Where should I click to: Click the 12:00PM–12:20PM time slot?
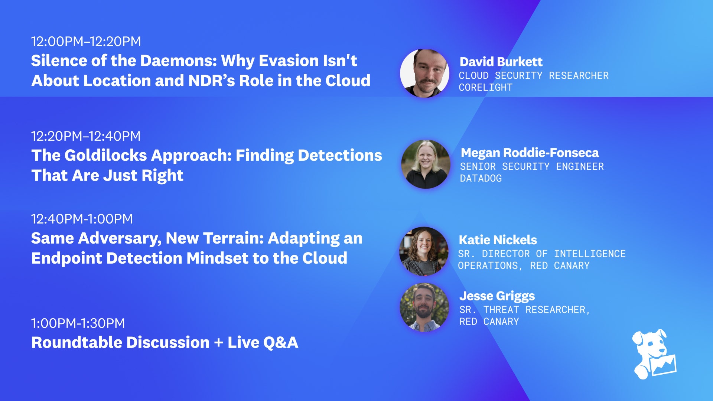pos(86,41)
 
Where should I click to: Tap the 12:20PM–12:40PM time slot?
pos(86,136)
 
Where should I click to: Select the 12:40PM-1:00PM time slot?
pos(82,219)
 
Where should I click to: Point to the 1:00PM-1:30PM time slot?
pos(78,323)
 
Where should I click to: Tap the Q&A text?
pos(281,342)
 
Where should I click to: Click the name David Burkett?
pos(501,62)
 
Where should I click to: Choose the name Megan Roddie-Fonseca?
pos(530,153)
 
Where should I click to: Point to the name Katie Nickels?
pos(498,240)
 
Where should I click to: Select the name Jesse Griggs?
pos(497,296)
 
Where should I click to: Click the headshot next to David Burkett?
pos(424,73)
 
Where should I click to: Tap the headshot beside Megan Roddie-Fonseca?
pos(426,164)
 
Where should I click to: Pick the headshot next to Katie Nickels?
pos(424,251)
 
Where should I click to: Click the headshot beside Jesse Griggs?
pos(424,307)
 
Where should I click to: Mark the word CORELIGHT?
pos(485,88)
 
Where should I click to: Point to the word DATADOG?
pos(481,179)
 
